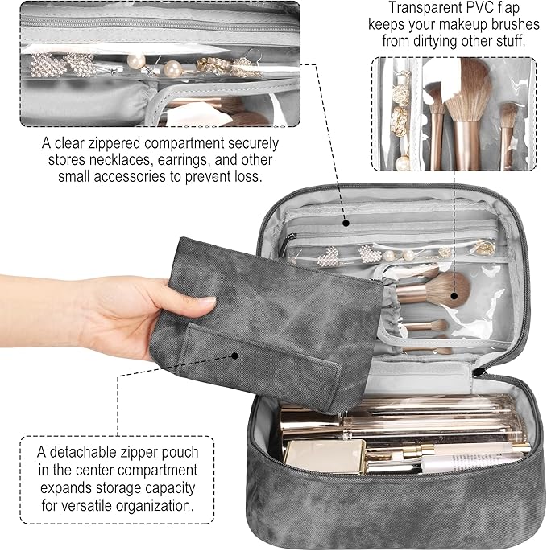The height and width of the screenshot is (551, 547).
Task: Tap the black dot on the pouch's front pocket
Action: pos(234,354)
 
